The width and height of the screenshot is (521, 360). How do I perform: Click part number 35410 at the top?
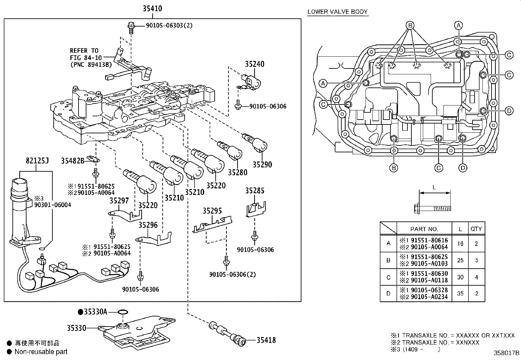[x=152, y=8]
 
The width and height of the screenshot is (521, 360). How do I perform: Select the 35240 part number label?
[x=255, y=64]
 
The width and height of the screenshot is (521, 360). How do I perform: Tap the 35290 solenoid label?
[x=262, y=164]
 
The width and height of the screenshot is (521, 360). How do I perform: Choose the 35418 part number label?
[x=266, y=340]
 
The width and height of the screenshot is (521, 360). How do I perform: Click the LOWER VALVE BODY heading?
[x=337, y=12]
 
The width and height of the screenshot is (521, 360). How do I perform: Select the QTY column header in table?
[x=476, y=229]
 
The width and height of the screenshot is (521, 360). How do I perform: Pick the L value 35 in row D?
[x=460, y=294]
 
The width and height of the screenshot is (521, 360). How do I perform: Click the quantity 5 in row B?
[x=476, y=260]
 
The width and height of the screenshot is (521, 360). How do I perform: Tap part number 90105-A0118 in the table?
[x=429, y=280]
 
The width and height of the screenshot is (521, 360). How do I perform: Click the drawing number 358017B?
[x=506, y=353]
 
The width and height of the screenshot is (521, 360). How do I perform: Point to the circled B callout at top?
[x=410, y=25]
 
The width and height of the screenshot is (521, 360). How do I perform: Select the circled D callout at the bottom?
[x=462, y=168]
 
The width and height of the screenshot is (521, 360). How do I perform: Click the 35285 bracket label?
[x=255, y=191]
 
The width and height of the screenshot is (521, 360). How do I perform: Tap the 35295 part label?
[x=212, y=211]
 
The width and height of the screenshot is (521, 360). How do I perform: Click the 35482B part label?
[x=73, y=161]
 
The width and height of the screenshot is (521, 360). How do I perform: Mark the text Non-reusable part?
[x=41, y=352]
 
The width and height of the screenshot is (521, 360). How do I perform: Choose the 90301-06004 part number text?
[x=53, y=205]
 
